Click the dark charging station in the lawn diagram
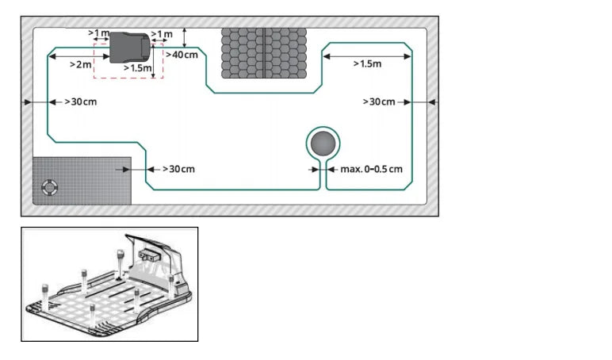pos(128,47)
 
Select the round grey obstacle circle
pos(323,144)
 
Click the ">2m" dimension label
pos(81,63)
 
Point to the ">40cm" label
pos(183,54)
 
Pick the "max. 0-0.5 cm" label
pos(371,169)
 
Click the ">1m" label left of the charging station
pos(99,33)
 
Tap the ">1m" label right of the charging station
pos(162,34)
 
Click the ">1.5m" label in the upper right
pos(366,63)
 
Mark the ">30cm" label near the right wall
pos(379,102)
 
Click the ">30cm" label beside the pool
pos(178,169)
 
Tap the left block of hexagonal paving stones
pos(241,53)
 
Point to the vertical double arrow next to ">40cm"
pos(184,36)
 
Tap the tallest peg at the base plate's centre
pos(120,262)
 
